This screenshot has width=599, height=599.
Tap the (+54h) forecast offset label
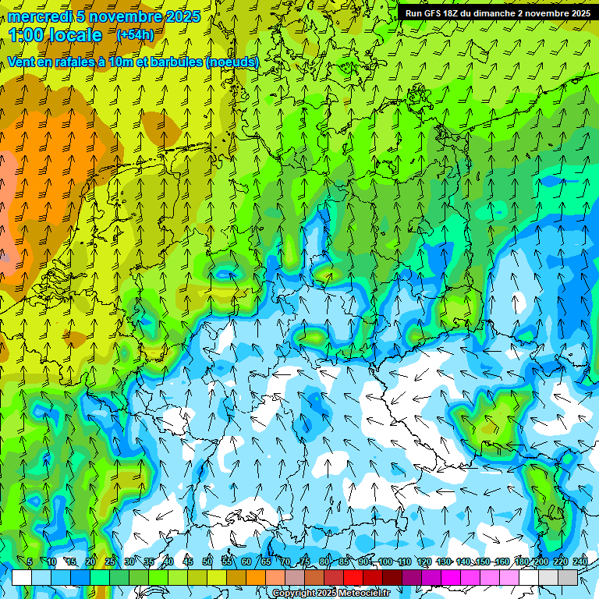point(135,35)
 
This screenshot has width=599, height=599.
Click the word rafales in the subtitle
point(79,62)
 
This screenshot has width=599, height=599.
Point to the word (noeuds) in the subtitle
point(232,62)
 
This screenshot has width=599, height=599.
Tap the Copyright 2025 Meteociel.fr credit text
point(331,594)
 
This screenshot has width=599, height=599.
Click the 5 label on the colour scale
point(30,562)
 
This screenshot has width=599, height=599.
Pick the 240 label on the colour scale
point(580,562)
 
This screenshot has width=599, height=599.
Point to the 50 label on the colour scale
point(207,562)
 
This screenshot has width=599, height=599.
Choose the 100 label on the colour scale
point(385,562)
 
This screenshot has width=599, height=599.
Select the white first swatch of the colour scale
point(22,577)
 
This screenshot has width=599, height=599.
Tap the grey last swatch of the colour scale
point(568,577)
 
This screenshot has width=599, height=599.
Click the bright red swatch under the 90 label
point(353,577)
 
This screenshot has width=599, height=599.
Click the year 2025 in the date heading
point(183,16)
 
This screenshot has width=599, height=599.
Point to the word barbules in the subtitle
point(175,62)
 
